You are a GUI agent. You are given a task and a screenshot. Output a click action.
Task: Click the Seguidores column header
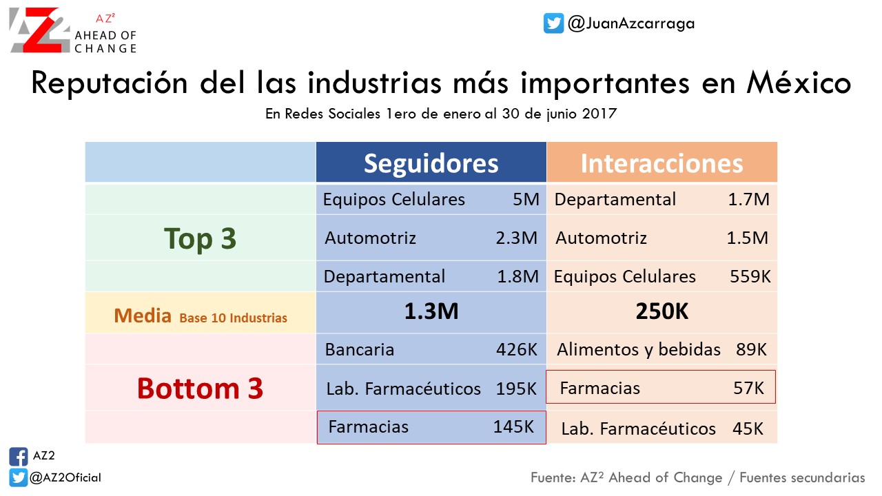click(x=431, y=163)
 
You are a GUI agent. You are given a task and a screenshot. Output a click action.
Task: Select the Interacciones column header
click(x=662, y=163)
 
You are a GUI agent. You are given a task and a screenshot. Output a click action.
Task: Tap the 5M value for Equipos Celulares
click(x=526, y=199)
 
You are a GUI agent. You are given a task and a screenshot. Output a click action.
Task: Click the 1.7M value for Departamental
click(x=748, y=199)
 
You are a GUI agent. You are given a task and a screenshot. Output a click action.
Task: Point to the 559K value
click(x=750, y=276)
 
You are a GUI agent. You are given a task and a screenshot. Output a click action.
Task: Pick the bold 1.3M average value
click(x=431, y=311)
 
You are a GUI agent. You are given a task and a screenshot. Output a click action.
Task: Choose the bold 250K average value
click(x=662, y=311)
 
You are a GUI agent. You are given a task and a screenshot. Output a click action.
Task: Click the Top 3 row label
click(x=200, y=238)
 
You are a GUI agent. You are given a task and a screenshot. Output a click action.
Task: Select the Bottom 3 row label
click(x=200, y=389)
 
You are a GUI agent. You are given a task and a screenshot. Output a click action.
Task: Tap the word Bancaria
click(x=360, y=349)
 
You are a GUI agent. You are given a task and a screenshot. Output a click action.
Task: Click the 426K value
click(x=517, y=349)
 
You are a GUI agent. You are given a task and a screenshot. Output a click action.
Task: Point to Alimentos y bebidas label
click(x=639, y=349)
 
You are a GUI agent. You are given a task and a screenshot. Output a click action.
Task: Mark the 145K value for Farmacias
click(x=513, y=426)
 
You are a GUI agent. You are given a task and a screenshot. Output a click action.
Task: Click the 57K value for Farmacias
click(x=748, y=388)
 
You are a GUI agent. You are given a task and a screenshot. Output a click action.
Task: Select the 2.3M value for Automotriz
click(x=517, y=238)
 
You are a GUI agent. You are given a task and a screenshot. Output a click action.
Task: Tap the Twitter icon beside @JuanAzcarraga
click(x=553, y=23)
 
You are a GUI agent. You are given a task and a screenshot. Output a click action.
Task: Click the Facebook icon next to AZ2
click(x=19, y=457)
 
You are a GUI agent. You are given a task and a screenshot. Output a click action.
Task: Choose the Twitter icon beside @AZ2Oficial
click(x=19, y=477)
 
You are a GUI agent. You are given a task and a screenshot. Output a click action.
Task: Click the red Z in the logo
click(x=44, y=30)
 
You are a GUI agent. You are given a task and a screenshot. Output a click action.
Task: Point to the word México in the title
click(x=799, y=83)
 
